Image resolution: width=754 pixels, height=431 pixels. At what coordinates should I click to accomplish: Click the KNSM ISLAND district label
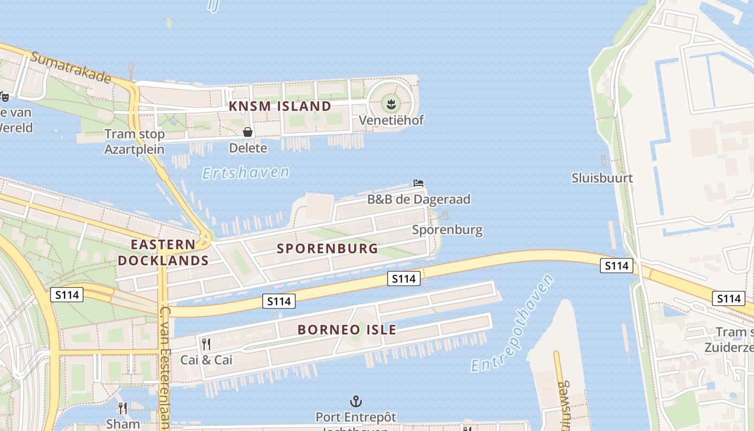(280, 106)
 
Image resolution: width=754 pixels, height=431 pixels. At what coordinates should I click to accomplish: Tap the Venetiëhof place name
(392, 120)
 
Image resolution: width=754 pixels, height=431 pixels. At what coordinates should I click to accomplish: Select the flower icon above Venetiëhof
(392, 101)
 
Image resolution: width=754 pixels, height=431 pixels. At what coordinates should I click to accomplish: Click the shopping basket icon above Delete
(248, 132)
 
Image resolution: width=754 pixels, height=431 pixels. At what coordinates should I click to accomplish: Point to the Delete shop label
(248, 148)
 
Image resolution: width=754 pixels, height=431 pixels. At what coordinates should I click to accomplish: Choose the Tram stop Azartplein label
(134, 141)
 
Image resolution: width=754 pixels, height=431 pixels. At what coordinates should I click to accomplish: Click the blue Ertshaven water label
(246, 172)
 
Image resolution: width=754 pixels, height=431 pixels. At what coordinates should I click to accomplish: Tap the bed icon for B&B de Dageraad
(418, 183)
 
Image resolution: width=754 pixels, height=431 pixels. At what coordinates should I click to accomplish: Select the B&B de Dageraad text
(418, 199)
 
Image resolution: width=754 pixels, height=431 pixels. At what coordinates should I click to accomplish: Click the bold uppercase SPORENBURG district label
(327, 248)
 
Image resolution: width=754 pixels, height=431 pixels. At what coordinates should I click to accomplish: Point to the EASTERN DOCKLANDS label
(163, 253)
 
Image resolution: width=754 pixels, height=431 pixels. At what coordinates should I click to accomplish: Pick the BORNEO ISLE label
(347, 330)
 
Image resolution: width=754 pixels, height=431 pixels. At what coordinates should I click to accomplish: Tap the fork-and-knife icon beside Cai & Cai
(206, 344)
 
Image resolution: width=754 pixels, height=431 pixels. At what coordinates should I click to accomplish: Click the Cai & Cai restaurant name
(206, 359)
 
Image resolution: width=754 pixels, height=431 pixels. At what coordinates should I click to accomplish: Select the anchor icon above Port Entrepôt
(355, 401)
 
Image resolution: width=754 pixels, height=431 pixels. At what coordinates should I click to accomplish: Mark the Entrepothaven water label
(512, 323)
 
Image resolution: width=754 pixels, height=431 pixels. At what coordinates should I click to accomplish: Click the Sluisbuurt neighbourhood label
(602, 178)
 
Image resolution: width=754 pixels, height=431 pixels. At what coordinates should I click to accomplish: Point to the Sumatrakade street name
(71, 67)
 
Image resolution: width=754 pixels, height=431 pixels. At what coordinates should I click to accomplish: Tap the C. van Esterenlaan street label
(165, 366)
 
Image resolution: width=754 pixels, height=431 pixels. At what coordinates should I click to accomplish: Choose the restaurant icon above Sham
(123, 408)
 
